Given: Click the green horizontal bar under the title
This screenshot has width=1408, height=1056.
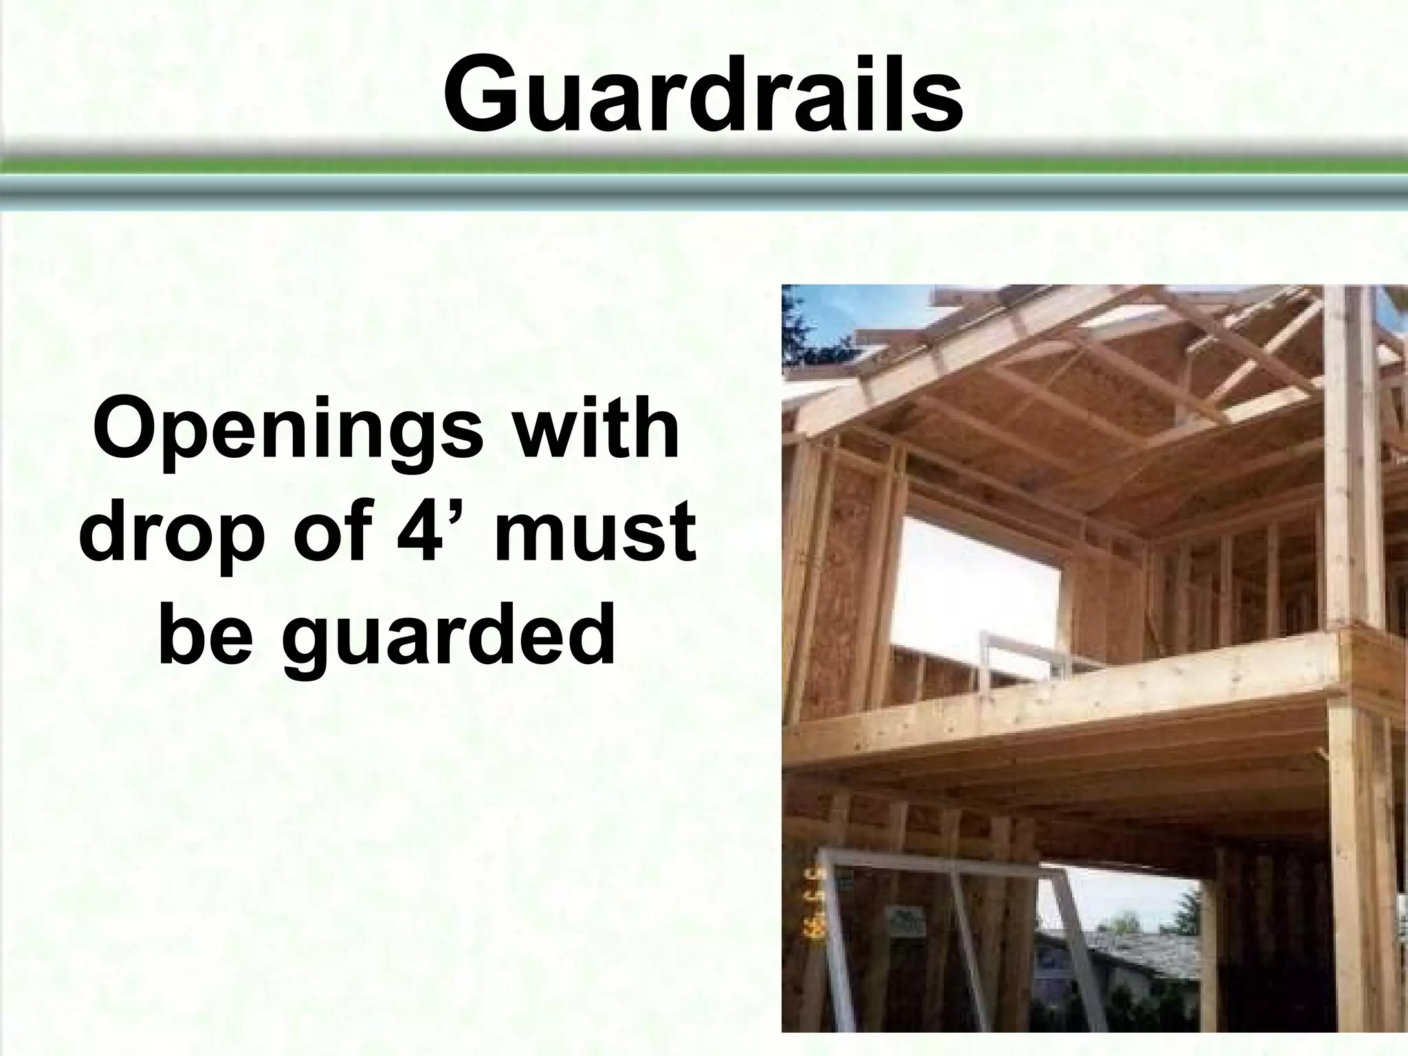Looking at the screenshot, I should (704, 166).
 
